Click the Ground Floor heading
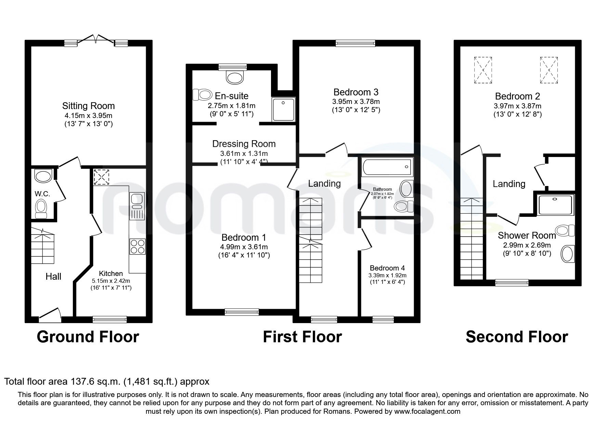[88, 337]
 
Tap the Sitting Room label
[88, 106]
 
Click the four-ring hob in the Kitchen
[137, 246]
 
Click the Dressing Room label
[244, 144]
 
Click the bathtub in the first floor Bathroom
[385, 167]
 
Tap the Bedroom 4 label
[387, 268]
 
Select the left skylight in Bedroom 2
[483, 70]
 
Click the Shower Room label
[527, 236]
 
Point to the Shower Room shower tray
[555, 205]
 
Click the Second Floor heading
[516, 337]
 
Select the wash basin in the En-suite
[235, 77]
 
